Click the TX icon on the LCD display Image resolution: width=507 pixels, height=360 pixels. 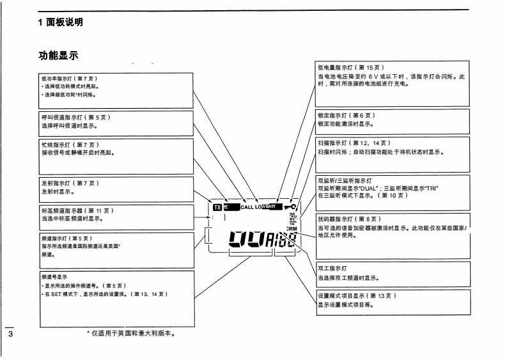click(x=217, y=207)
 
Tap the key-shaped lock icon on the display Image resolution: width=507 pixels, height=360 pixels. click(x=291, y=207)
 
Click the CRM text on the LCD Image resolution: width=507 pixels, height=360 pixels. click(x=292, y=228)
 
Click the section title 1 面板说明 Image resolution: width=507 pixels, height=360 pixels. click(x=60, y=22)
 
